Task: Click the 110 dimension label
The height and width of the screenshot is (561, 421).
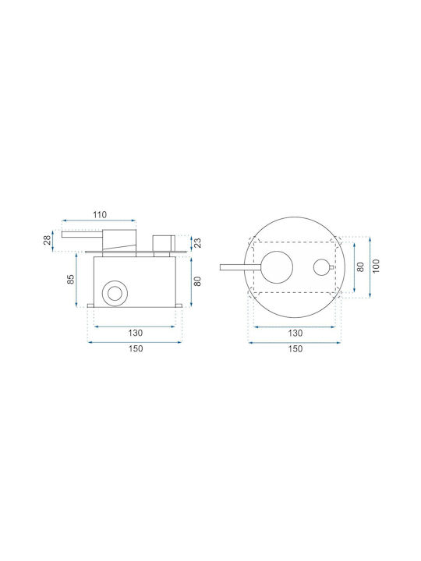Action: coord(100,215)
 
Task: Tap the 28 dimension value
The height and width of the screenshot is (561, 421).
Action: coord(48,240)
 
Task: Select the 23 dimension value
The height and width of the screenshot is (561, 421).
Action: coord(197,243)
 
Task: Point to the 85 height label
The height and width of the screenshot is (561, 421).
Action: coord(71,279)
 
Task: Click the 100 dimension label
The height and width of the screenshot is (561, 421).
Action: coord(376,266)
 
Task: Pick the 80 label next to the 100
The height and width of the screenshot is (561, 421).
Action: coord(360,266)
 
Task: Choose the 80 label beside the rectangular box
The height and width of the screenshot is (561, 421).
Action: coord(197,281)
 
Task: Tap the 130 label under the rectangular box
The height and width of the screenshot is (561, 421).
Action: coord(136,333)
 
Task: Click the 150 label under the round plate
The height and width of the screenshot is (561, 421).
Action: coord(295,348)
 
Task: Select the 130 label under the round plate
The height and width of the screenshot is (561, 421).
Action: coord(295,333)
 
